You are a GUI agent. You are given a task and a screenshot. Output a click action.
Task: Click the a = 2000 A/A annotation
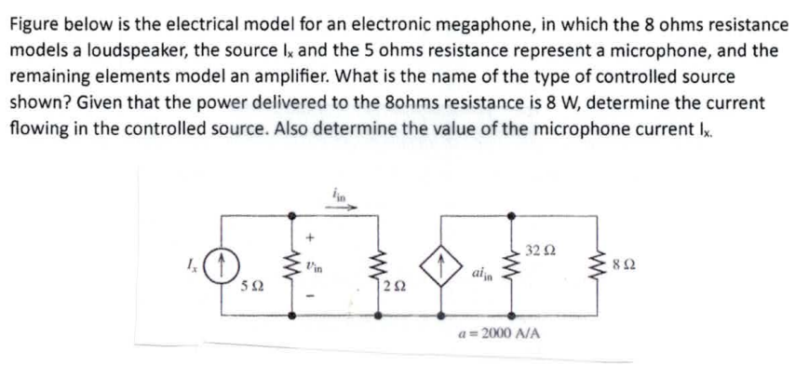point(503,332)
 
